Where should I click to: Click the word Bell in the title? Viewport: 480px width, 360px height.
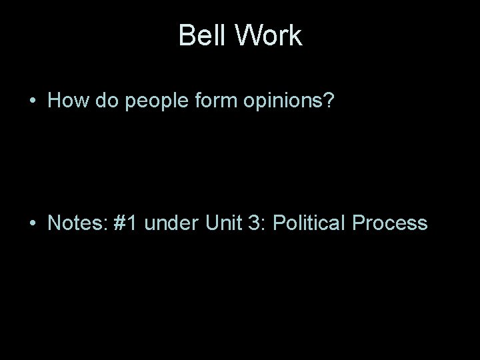(x=201, y=36)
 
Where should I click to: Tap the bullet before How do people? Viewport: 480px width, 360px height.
(x=32, y=102)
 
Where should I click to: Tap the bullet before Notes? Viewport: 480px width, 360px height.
(x=32, y=223)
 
